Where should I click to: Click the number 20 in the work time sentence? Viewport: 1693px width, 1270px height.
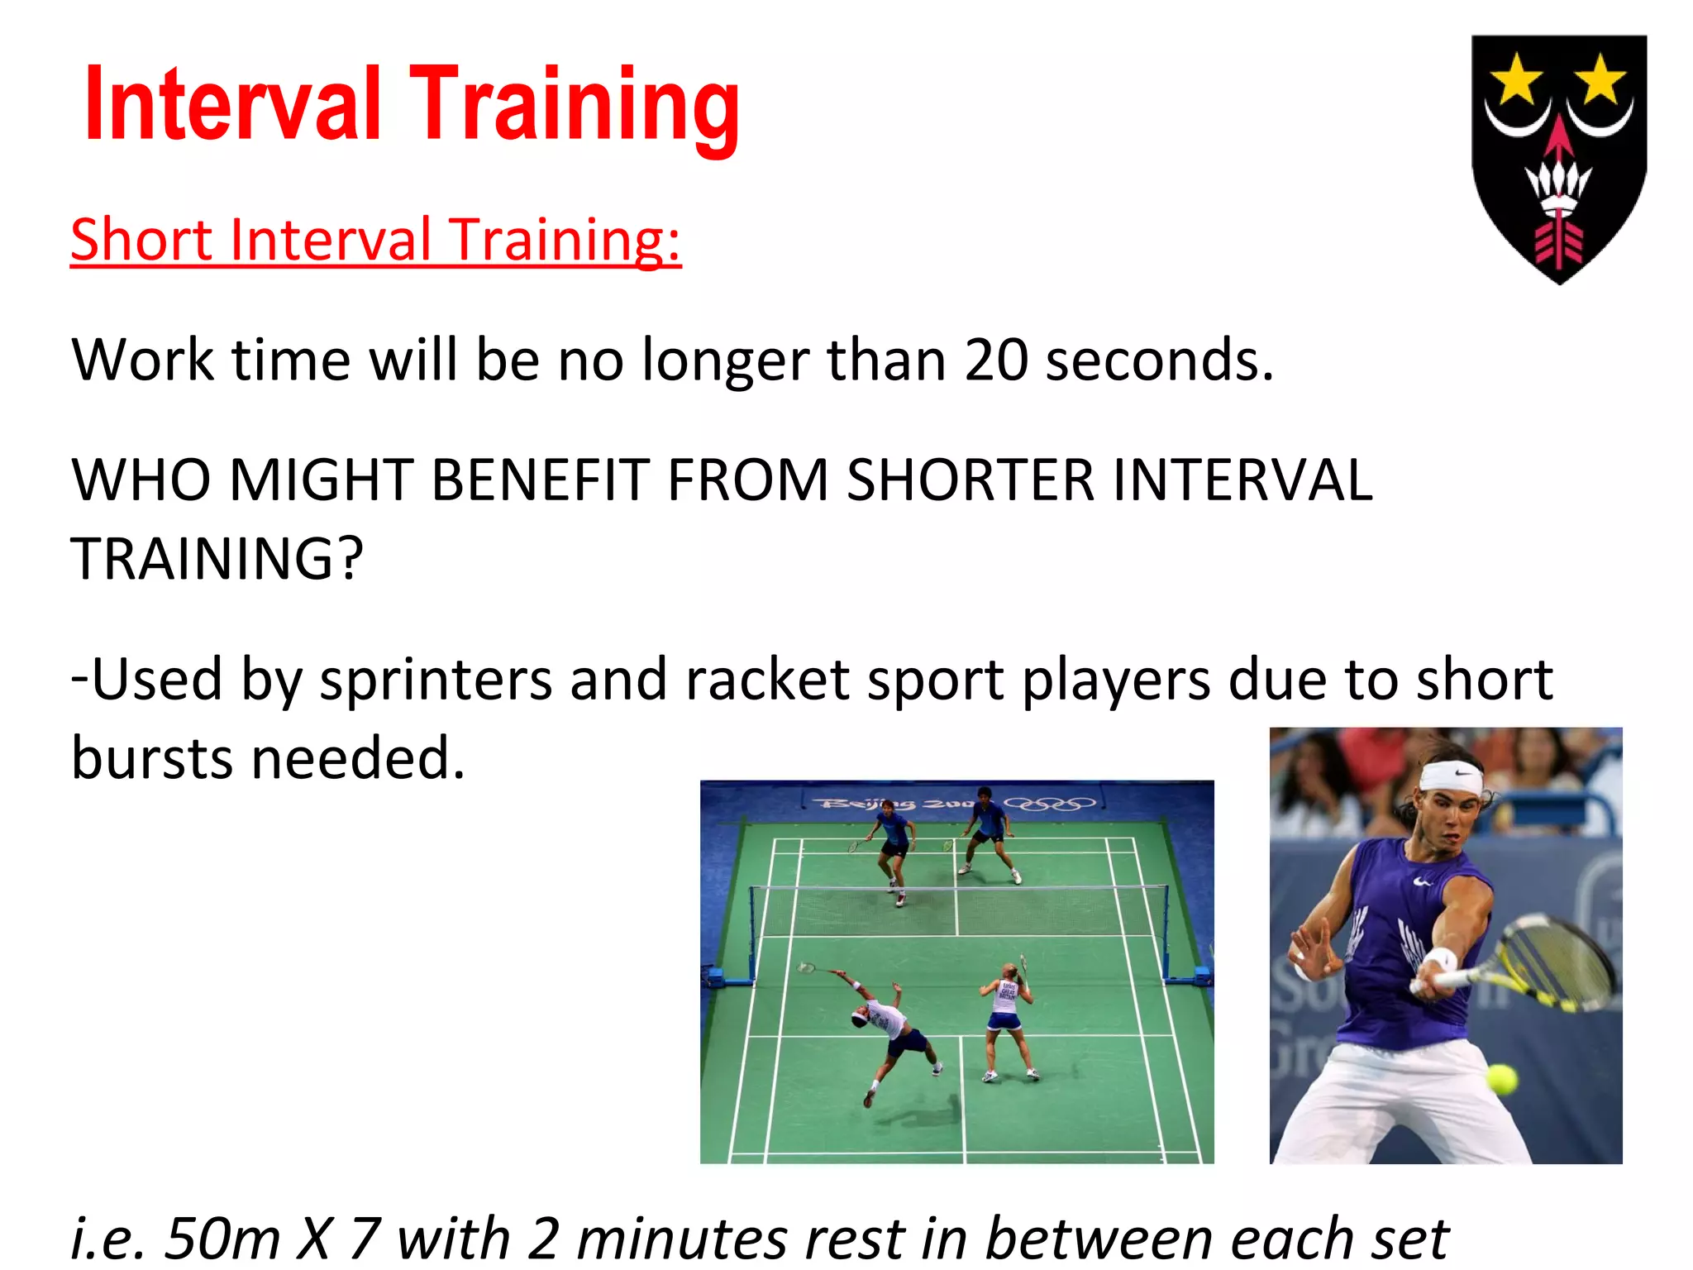click(x=996, y=360)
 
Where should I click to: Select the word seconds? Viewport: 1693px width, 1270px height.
click(x=1159, y=360)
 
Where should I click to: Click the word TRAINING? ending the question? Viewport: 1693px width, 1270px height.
click(x=217, y=560)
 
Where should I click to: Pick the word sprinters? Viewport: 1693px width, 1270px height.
click(x=436, y=680)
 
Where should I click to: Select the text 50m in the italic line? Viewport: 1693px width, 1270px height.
click(x=222, y=1239)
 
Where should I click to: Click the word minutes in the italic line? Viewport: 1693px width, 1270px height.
click(x=682, y=1239)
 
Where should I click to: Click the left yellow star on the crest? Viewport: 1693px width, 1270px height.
click(x=1515, y=80)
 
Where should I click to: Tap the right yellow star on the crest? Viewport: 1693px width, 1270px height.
click(x=1601, y=80)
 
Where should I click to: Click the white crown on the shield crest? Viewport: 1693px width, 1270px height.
click(x=1558, y=186)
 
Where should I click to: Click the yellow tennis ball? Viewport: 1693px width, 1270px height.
click(x=1501, y=1079)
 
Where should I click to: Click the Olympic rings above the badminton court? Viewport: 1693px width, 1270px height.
click(x=1050, y=803)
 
